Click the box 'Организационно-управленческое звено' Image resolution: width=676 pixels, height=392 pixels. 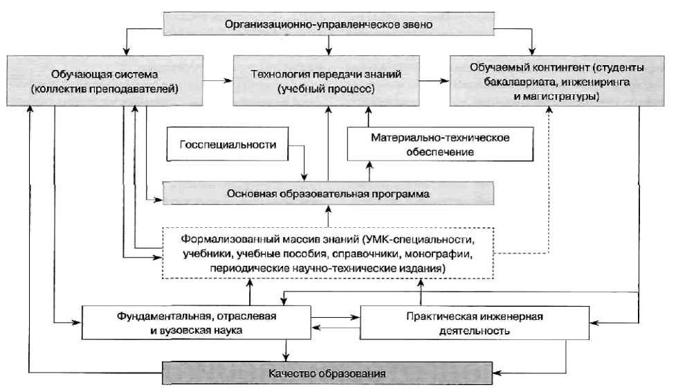(x=329, y=25)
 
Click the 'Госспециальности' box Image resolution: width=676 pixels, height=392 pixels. (x=228, y=145)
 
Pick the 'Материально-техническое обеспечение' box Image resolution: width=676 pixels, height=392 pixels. (x=440, y=144)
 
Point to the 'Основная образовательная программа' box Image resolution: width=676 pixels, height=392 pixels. (x=329, y=194)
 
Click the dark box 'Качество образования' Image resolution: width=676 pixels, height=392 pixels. (x=329, y=373)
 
